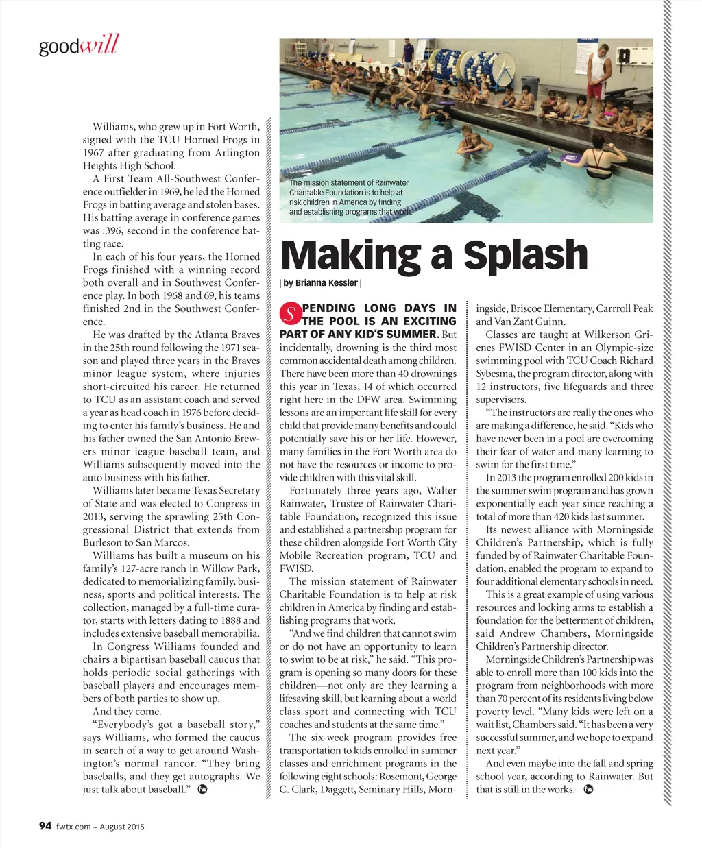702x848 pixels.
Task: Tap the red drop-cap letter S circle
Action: (x=290, y=315)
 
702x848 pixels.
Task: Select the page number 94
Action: (x=45, y=826)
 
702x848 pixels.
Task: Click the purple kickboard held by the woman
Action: (x=572, y=158)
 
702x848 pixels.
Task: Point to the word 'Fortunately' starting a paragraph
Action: (x=316, y=491)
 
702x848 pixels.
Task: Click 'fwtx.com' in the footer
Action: (x=73, y=827)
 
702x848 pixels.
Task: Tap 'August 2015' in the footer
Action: (x=122, y=827)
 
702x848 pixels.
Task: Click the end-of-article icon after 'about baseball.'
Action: (x=202, y=789)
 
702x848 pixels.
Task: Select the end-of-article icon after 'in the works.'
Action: (x=588, y=789)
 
